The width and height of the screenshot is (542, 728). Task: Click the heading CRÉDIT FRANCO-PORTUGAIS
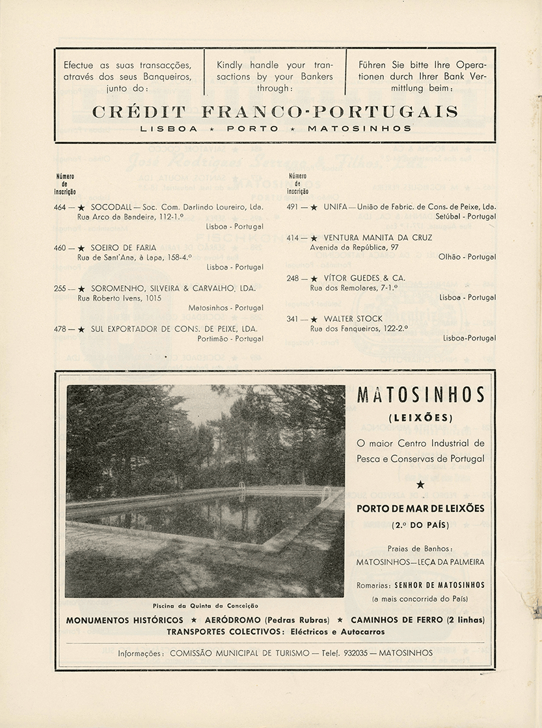[275, 111]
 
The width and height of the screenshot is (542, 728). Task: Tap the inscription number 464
[61, 207]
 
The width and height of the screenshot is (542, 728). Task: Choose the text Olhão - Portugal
[467, 257]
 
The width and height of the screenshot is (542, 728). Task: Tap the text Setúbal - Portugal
[466, 216]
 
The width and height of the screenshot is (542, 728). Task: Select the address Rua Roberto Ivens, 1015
[119, 298]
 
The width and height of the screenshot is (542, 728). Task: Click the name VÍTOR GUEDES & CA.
[364, 278]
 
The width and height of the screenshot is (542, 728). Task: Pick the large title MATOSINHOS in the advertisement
[421, 395]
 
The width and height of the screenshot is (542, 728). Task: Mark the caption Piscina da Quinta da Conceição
[206, 605]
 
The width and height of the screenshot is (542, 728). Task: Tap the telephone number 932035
[351, 652]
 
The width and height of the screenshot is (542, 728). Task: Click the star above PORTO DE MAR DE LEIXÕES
[420, 484]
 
